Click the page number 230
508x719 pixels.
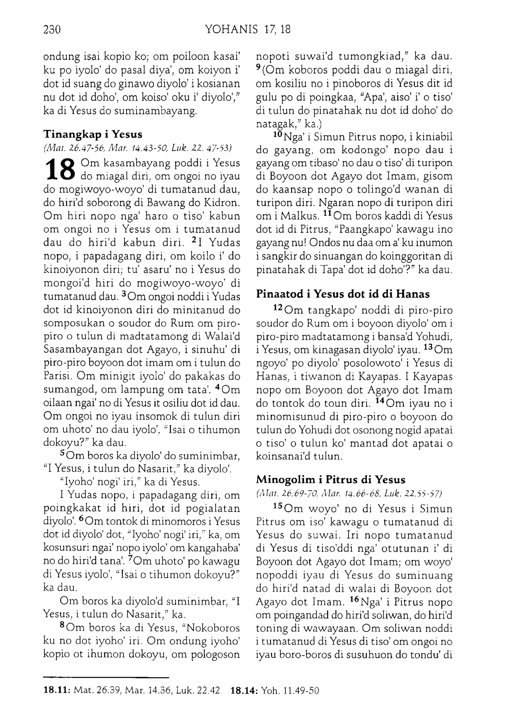tap(52, 30)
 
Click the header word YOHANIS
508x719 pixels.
tap(231, 30)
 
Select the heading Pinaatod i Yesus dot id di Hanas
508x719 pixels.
tap(343, 294)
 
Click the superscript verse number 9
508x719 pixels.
tap(258, 67)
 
